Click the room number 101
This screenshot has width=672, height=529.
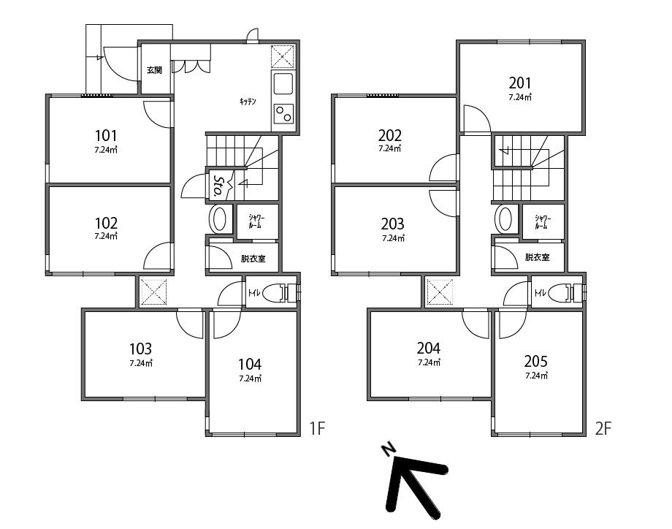point(106,135)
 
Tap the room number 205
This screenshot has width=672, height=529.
point(535,362)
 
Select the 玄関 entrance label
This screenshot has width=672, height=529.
point(154,70)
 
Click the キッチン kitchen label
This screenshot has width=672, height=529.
point(248,102)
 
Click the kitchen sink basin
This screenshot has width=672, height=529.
point(283,83)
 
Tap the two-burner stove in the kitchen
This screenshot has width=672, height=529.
point(283,113)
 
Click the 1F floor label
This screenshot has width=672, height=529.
point(318,428)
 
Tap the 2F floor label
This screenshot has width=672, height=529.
point(603,428)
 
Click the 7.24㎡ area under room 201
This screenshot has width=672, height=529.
point(520,97)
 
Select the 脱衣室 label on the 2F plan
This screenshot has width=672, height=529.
point(537,257)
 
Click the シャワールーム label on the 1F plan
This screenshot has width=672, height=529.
point(256,221)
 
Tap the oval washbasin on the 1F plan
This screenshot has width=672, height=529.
point(219,219)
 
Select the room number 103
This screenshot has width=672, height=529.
point(140,349)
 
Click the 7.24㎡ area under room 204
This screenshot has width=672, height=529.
point(429,362)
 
